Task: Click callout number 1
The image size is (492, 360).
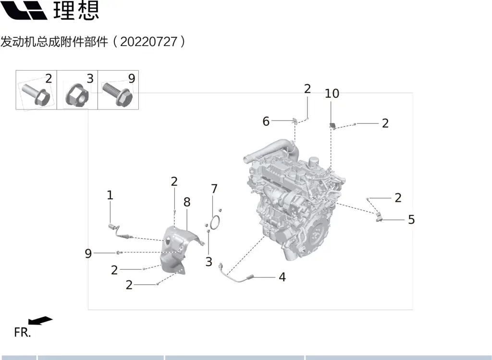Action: [110, 195]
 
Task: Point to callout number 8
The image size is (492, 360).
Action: [186, 202]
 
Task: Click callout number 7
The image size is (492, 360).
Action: [214, 189]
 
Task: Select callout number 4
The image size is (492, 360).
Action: [282, 277]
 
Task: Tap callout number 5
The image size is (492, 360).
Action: [411, 220]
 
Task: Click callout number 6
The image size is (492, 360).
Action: [266, 121]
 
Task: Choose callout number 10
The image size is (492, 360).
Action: [332, 94]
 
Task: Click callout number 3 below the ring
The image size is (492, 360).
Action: [209, 262]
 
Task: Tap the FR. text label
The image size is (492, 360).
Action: [22, 332]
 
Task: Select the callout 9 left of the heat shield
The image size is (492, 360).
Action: [88, 253]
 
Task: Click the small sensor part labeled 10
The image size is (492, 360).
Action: [332, 126]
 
